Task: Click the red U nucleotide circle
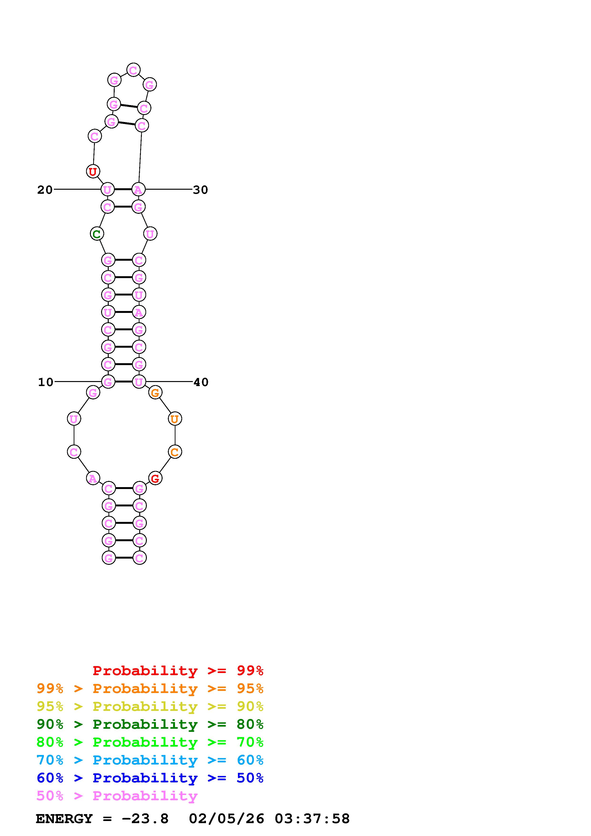tap(93, 171)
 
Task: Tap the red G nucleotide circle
tap(155, 478)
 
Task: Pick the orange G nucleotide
tap(155, 393)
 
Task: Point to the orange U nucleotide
tap(175, 419)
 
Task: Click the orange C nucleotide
tap(175, 452)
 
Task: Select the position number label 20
tap(45, 190)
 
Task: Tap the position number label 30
tap(200, 190)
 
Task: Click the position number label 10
tap(46, 382)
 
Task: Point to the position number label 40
tap(201, 382)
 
